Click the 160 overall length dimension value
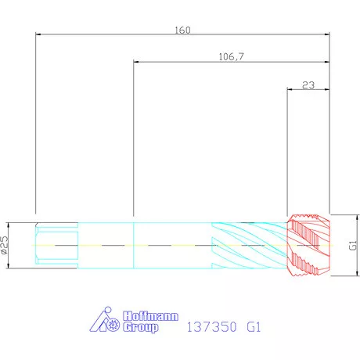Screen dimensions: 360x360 (182, 31)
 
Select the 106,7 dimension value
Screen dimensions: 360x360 (231, 56)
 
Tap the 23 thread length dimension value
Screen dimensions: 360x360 (308, 85)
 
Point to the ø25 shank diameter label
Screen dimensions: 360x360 (5, 245)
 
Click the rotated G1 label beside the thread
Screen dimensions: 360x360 (353, 245)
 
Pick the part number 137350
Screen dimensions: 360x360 (211, 327)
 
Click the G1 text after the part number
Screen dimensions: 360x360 (254, 327)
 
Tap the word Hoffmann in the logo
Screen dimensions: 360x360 (150, 316)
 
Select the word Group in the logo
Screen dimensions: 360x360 (141, 327)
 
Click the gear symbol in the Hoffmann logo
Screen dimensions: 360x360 (113, 325)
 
